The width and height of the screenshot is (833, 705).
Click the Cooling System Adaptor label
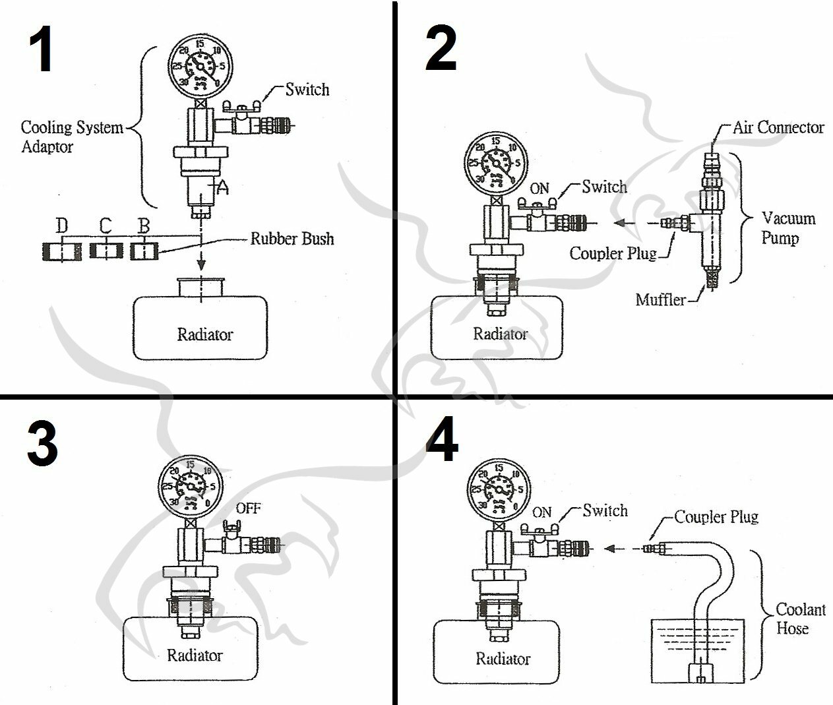[x=71, y=137]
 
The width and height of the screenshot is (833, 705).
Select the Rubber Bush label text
[x=292, y=238]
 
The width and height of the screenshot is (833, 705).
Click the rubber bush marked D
[x=61, y=251]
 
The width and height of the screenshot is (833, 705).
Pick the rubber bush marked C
[x=106, y=251]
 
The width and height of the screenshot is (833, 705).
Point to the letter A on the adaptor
[x=223, y=188]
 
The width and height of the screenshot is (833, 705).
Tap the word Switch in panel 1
[x=307, y=90]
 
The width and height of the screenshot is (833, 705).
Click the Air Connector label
[x=778, y=127]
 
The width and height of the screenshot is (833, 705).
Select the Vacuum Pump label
[x=788, y=228]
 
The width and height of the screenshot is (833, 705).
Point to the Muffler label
[x=660, y=300]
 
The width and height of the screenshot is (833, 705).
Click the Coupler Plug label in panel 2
[x=613, y=253]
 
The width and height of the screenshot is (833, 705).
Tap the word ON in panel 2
[x=540, y=188]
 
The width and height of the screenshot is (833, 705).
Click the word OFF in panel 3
[x=249, y=508]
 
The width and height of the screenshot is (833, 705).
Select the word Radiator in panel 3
[x=195, y=655]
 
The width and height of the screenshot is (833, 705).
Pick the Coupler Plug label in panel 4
[x=716, y=516]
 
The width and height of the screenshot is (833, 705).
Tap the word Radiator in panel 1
[x=204, y=334]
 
